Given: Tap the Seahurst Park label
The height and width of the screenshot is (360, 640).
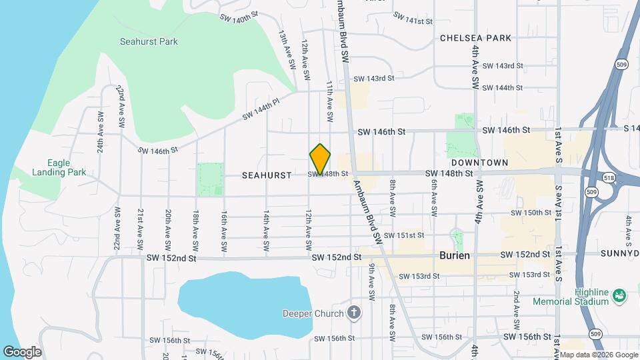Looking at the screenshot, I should tap(149, 41).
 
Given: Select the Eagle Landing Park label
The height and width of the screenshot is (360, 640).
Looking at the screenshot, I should tap(59, 167).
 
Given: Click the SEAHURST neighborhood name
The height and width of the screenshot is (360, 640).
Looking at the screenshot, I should tap(267, 175).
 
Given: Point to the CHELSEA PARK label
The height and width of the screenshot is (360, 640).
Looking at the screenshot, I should tap(475, 38).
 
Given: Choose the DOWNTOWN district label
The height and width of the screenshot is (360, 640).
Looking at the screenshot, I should tap(479, 163).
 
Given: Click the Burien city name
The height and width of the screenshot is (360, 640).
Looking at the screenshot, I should tap(455, 255).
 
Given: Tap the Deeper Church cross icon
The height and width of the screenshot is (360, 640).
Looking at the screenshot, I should tap(354, 313).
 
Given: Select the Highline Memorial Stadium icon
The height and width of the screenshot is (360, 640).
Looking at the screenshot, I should tap(618, 295).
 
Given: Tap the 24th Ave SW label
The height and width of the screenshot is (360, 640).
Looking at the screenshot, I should tap(100, 137).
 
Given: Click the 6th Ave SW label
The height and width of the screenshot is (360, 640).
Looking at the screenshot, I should tap(434, 197).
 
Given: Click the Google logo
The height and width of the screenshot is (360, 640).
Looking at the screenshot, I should tap(22, 351).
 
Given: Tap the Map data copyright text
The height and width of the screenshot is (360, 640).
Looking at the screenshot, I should tap(598, 355).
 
